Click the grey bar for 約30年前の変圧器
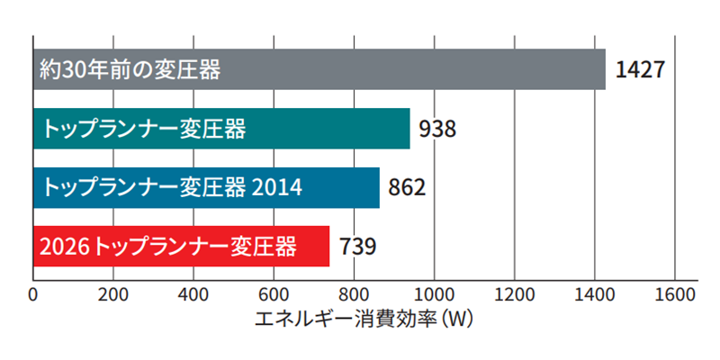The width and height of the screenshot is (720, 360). (x=319, y=68)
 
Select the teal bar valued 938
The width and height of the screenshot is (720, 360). (x=221, y=129)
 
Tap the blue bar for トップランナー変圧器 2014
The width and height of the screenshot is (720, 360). (x=206, y=187)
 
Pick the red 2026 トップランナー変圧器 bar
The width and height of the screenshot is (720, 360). (x=181, y=246)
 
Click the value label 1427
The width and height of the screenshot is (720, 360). (x=640, y=69)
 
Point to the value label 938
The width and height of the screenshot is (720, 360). (x=436, y=129)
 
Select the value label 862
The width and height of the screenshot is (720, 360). (x=406, y=187)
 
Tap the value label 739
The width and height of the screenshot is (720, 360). (x=356, y=246)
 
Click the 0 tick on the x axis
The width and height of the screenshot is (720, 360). (x=33, y=293)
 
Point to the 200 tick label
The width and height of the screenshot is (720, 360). (x=113, y=293)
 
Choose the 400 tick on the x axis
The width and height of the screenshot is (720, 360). (x=193, y=293)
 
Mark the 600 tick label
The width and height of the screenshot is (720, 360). (x=274, y=293)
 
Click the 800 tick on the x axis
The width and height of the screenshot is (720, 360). (x=354, y=293)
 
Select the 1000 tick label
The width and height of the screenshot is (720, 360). (x=434, y=293)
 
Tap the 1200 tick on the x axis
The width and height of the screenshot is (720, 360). (x=514, y=293)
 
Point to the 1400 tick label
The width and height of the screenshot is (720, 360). (x=594, y=293)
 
